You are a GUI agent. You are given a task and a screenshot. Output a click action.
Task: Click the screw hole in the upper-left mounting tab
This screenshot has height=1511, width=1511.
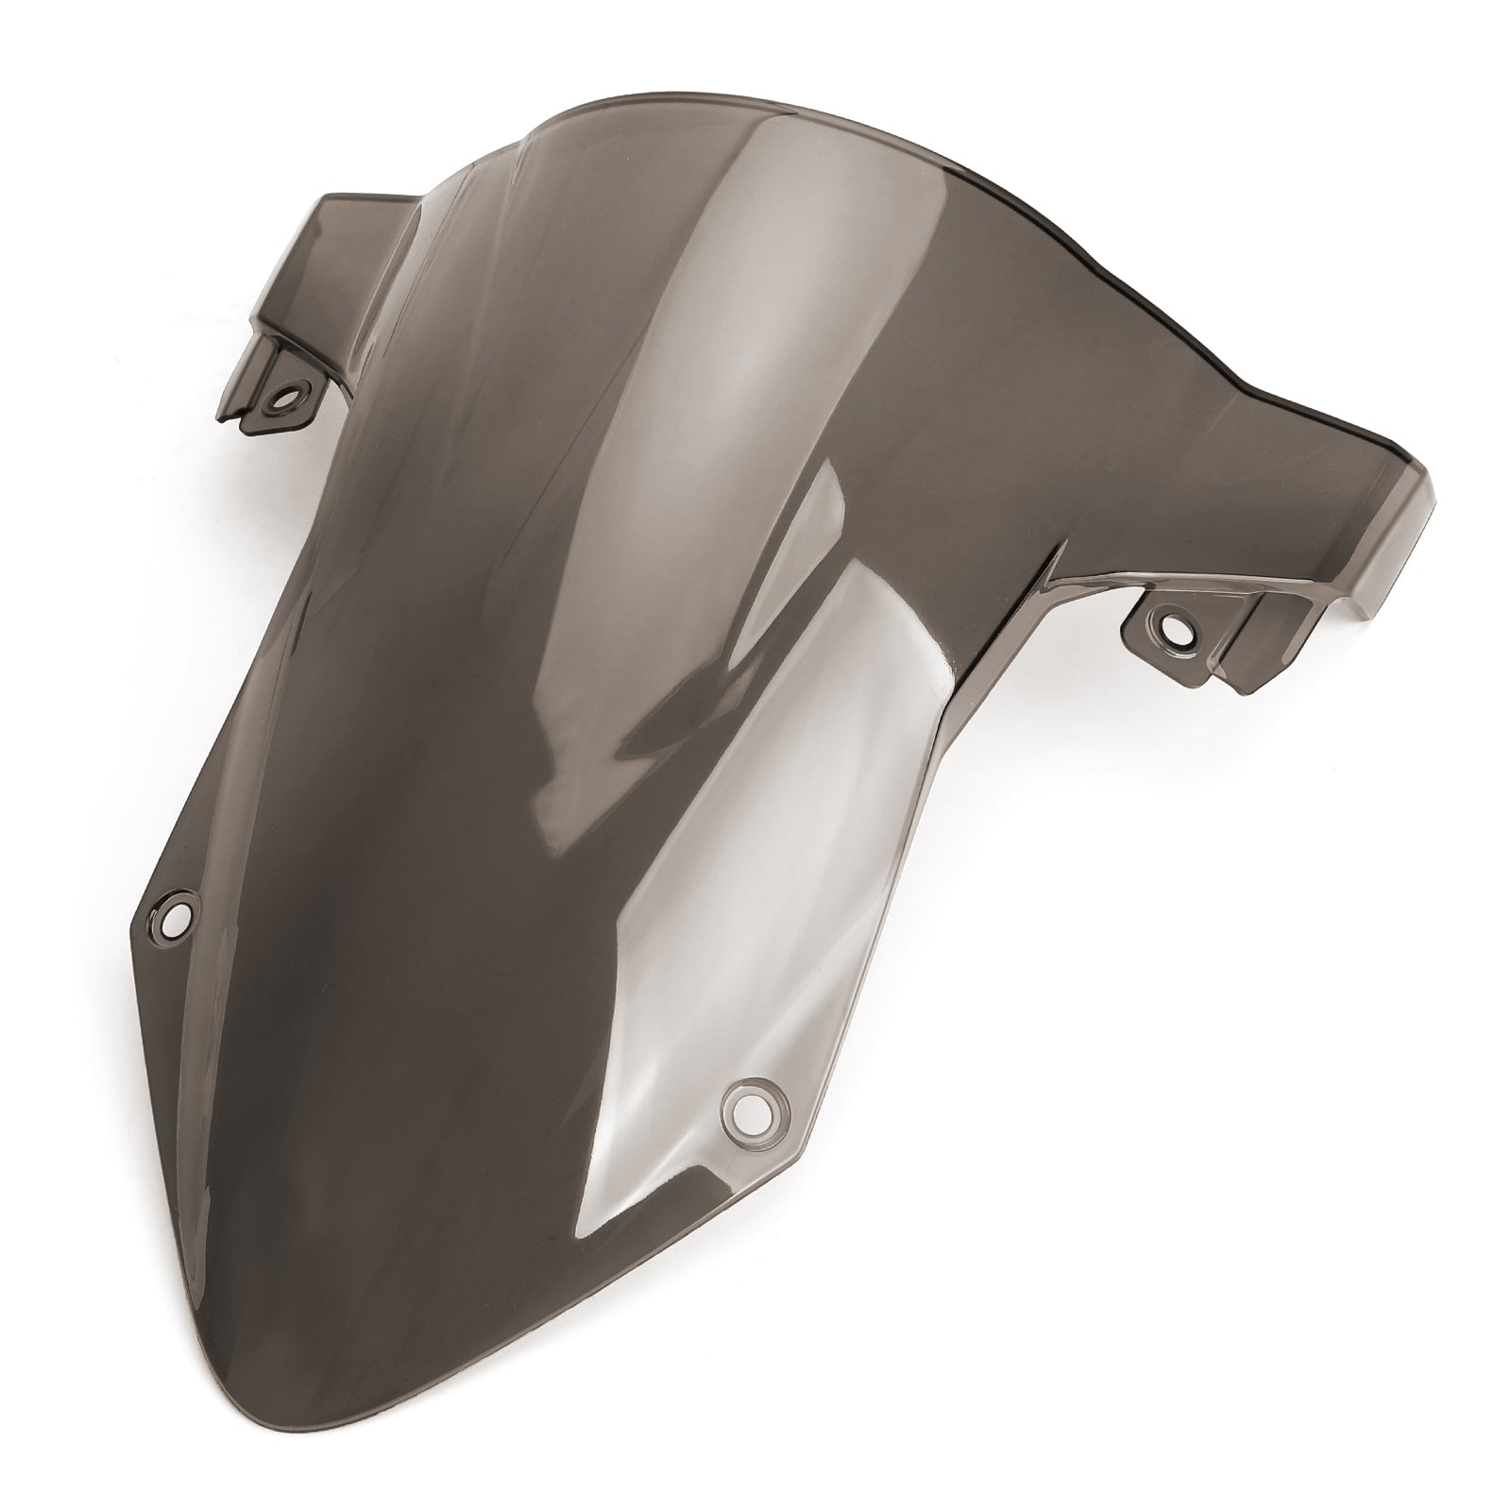click(281, 372)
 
